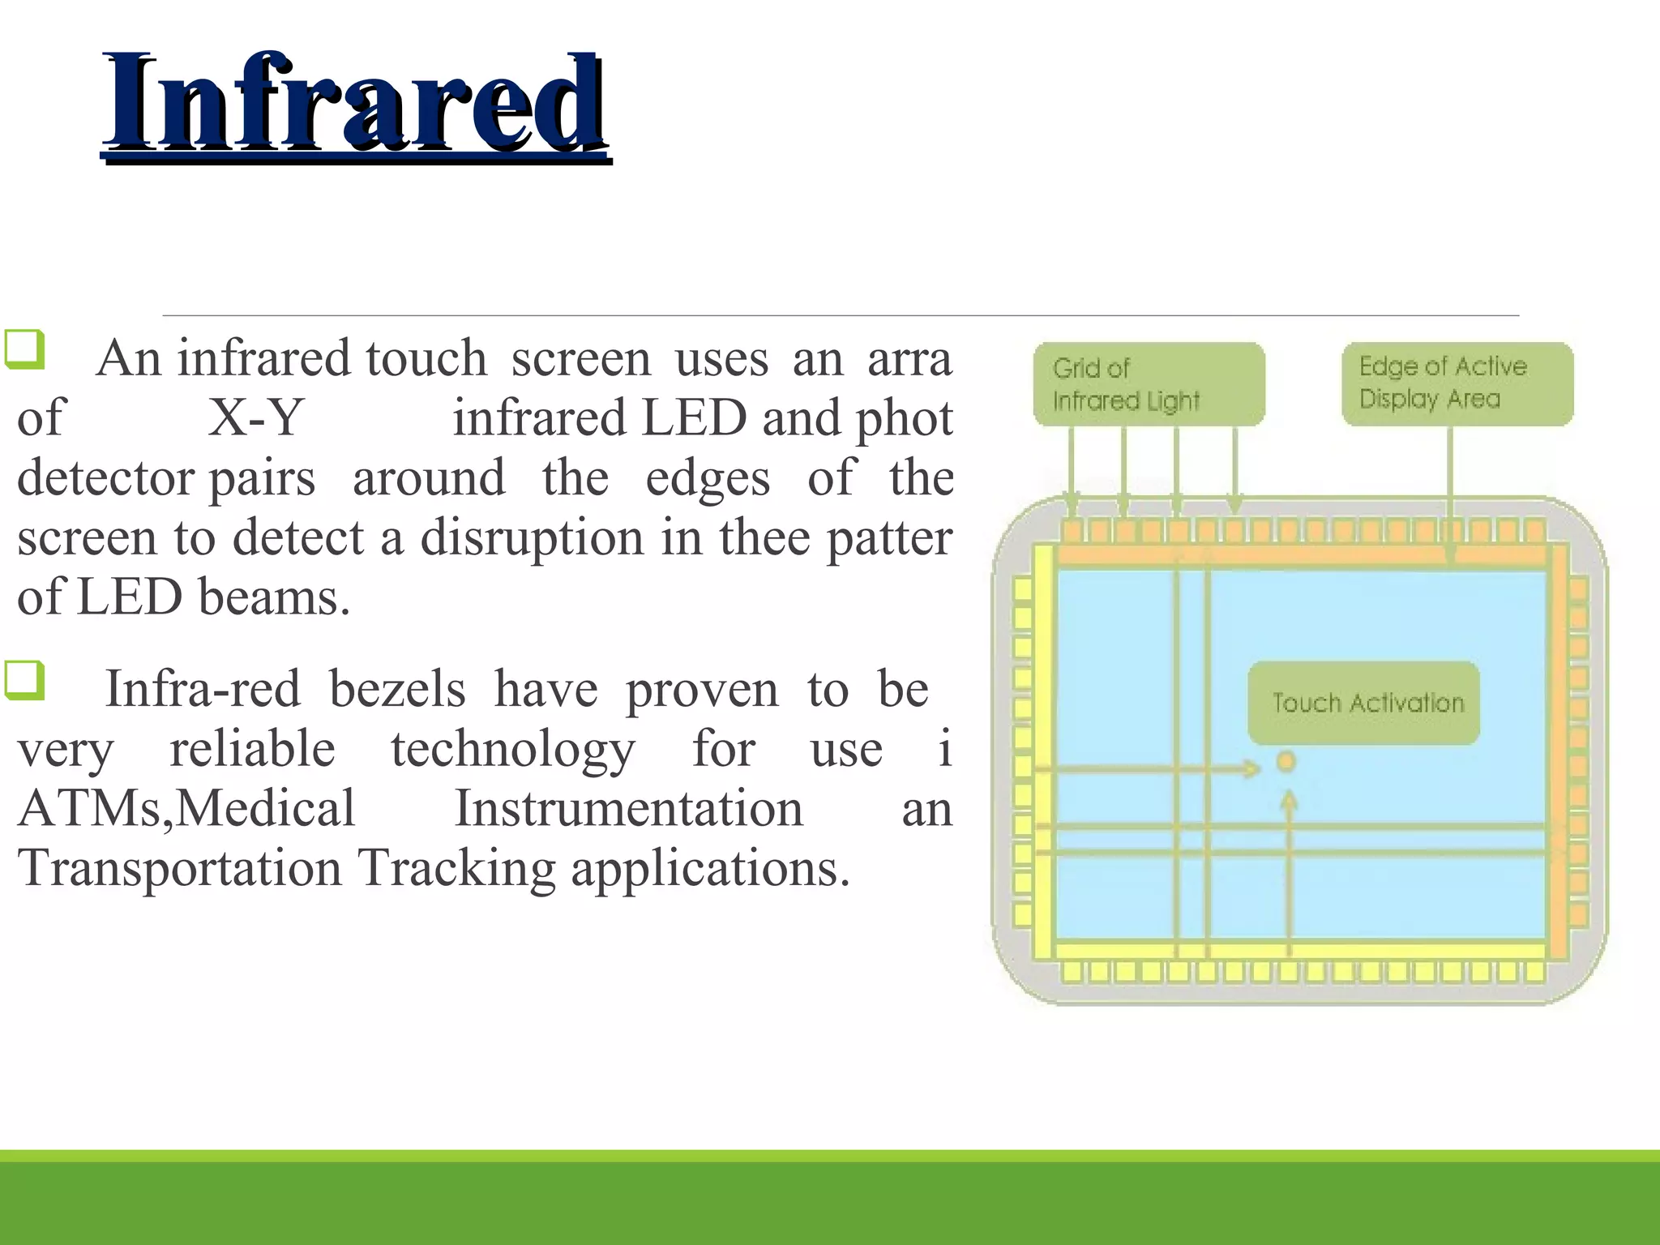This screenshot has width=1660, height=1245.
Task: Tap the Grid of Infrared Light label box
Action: (1149, 384)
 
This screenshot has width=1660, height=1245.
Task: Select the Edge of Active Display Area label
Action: (1457, 383)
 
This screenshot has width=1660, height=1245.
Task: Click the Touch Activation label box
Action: (1363, 703)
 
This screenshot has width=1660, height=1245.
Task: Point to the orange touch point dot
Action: (1286, 761)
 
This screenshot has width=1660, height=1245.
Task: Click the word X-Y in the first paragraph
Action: (255, 418)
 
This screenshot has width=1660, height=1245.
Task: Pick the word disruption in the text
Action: (532, 537)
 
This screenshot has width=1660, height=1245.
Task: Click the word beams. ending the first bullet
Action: (274, 597)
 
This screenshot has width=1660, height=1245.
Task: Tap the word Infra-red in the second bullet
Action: (203, 689)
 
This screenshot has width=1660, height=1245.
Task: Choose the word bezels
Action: (397, 689)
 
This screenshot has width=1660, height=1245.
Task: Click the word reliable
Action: (252, 749)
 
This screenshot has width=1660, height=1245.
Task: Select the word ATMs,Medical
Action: (186, 809)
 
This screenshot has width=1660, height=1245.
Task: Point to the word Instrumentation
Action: (628, 809)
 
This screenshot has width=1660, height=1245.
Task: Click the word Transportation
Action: (180, 868)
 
